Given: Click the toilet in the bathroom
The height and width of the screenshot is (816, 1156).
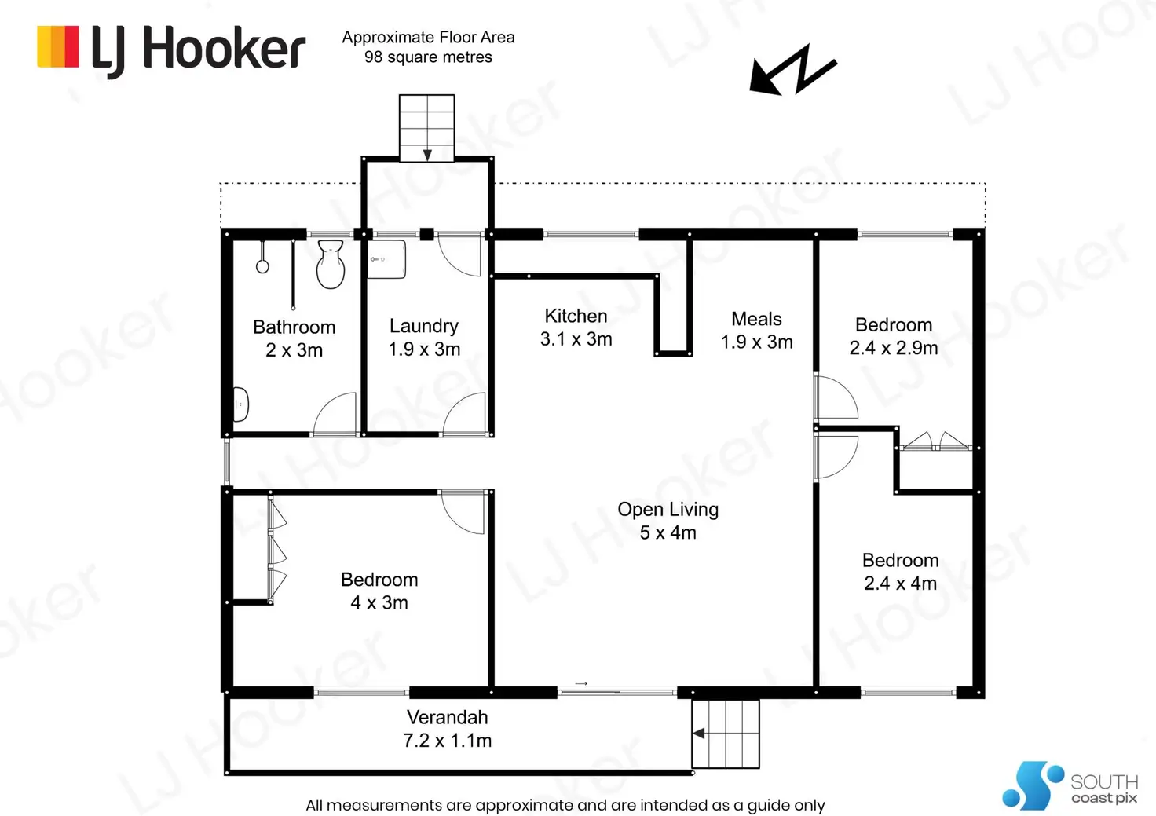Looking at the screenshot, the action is coord(331,264).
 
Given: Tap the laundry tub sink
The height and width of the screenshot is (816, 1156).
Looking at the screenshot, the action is coord(386,259).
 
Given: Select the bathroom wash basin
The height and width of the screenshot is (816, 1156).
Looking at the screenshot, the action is coord(240,404).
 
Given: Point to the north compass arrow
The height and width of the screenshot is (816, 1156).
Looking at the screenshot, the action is coord(793,70).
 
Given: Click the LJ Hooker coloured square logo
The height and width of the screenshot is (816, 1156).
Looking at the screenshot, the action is coord(58,46).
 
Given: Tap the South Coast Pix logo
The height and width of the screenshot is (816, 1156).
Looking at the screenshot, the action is coord(1070,785).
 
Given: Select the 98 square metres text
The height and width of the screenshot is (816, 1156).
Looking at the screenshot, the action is coord(428,57).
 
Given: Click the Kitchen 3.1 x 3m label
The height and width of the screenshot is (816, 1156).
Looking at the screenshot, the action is coord(576,327).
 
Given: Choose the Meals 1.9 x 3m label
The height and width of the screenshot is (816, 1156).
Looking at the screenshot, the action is coord(756,331).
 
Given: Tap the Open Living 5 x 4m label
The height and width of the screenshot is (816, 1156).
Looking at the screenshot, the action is coord(668,520).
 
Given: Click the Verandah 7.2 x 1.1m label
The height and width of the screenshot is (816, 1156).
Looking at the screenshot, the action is coord(448,728).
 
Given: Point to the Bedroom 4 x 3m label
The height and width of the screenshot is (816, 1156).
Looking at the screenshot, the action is coord(379,591).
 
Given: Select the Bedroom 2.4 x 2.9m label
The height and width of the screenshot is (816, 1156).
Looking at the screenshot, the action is coord(894,336).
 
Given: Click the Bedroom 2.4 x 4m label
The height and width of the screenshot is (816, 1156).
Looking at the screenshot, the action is coord(901,571).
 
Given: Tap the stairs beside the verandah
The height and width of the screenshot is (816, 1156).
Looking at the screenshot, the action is coord(726,734).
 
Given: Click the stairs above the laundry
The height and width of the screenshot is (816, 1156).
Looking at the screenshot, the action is coord(426,128).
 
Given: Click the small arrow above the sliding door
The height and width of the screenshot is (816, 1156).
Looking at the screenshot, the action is coord(582,683).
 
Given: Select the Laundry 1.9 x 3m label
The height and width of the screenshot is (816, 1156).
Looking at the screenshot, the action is coord(424,337).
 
